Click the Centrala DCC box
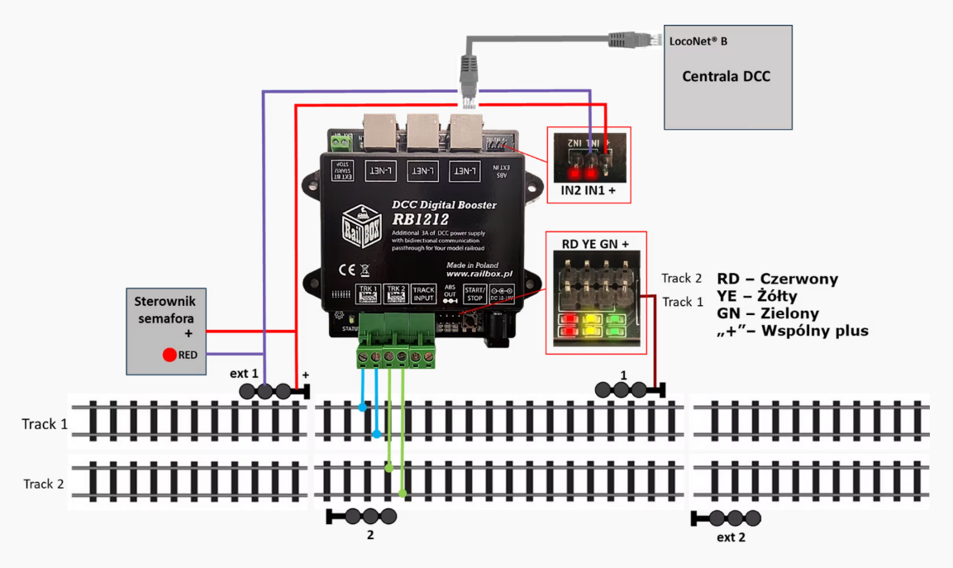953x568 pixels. [727, 77]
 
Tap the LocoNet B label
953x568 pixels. [698, 40]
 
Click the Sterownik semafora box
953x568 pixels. [165, 330]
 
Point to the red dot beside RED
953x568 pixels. [169, 356]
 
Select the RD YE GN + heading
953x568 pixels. [595, 244]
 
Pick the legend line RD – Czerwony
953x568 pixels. [777, 279]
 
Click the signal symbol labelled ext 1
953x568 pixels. [274, 391]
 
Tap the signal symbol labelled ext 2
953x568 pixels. [725, 519]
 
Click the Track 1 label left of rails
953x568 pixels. [43, 424]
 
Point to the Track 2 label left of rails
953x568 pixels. [43, 484]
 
